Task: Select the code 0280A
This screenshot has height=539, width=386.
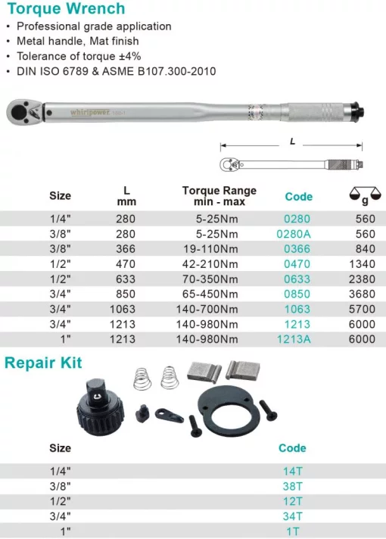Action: tap(297, 234)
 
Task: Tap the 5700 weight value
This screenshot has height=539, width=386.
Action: tap(361, 309)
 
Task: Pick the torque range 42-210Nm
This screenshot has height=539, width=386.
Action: tap(219, 264)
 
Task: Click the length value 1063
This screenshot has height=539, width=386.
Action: tap(122, 309)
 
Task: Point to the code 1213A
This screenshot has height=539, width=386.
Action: tap(297, 339)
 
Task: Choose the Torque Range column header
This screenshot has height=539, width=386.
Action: tap(219, 196)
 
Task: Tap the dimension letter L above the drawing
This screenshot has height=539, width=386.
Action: tap(292, 141)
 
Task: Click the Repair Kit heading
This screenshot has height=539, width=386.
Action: tap(42, 363)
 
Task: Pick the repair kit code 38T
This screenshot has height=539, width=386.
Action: tap(292, 486)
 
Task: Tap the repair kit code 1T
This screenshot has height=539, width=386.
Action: tap(292, 531)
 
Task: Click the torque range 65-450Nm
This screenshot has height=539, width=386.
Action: tap(219, 294)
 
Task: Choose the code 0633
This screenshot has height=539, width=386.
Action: tap(297, 279)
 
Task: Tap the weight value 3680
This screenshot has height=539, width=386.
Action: tap(361, 294)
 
